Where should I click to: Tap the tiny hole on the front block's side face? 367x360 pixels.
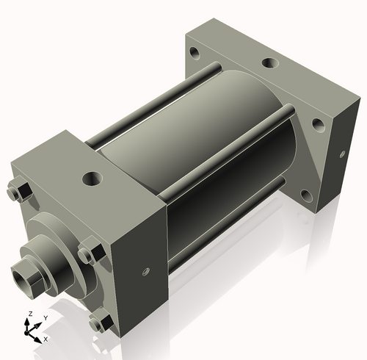(145, 273)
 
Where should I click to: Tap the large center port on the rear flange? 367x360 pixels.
(269, 64)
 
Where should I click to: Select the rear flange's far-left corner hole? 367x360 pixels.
(195, 53)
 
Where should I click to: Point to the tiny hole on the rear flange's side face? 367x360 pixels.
(343, 154)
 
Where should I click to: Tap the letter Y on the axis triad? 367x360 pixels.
(45, 317)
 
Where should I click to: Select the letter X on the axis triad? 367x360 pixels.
(46, 339)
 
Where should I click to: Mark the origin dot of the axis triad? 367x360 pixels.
(30, 331)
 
